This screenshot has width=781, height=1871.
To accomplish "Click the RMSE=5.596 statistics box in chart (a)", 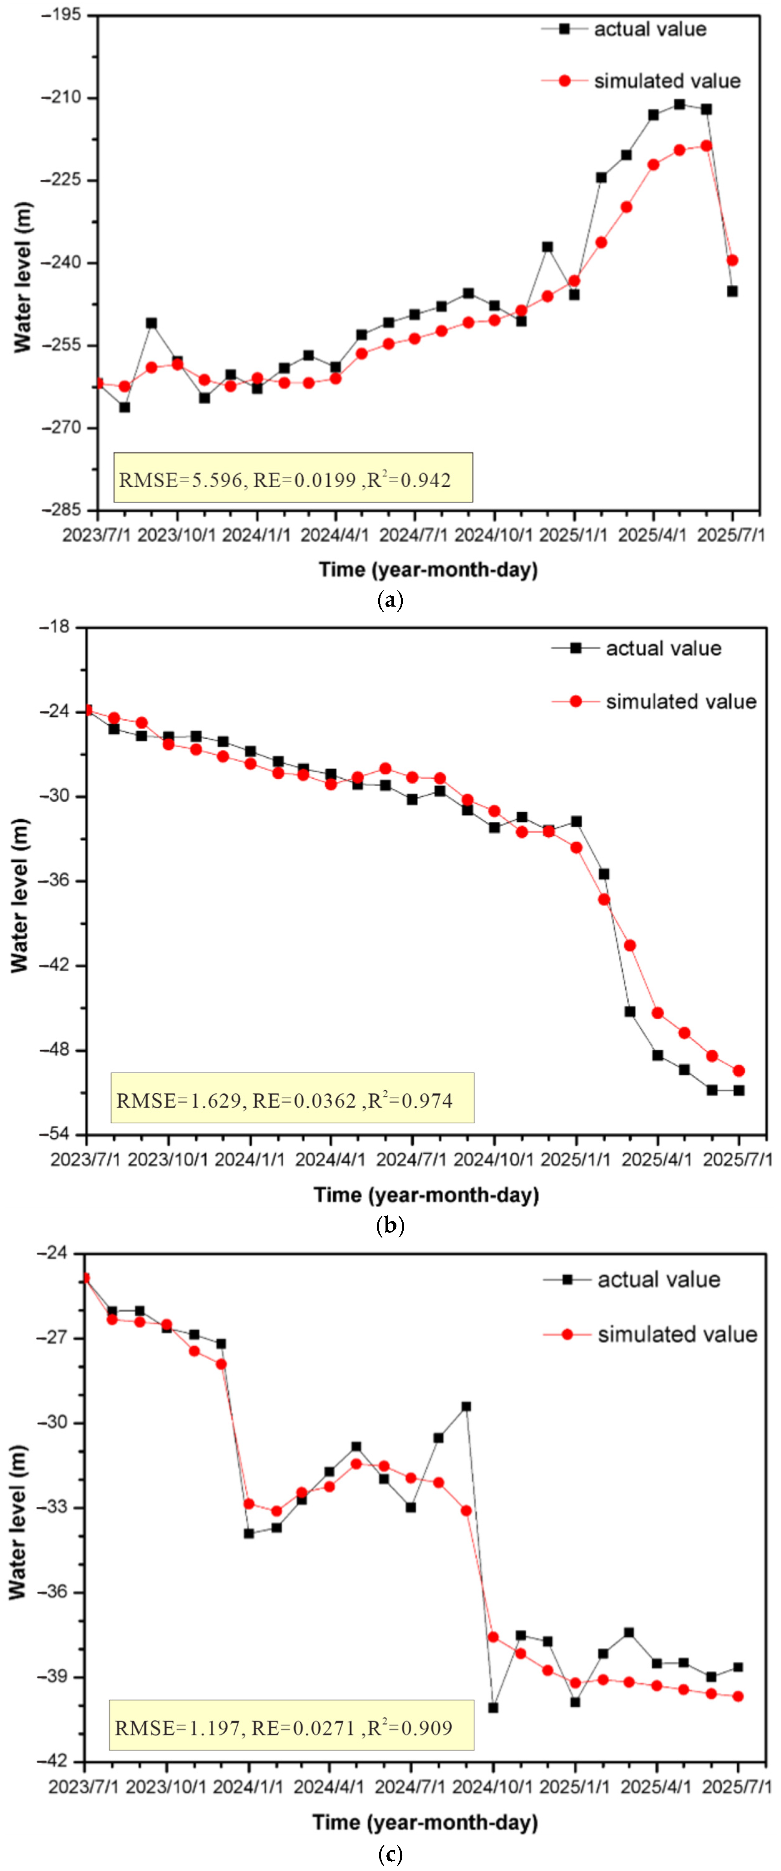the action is tap(293, 477).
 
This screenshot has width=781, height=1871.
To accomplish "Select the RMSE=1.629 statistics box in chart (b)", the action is tap(292, 1097).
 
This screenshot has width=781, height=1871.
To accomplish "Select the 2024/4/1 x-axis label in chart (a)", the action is tap(335, 535).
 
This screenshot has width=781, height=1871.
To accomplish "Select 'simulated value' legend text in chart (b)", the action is tap(681, 702).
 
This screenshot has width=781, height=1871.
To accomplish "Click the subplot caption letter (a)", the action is tap(391, 601).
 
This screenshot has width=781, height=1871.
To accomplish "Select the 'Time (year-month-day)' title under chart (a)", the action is tap(428, 569).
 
